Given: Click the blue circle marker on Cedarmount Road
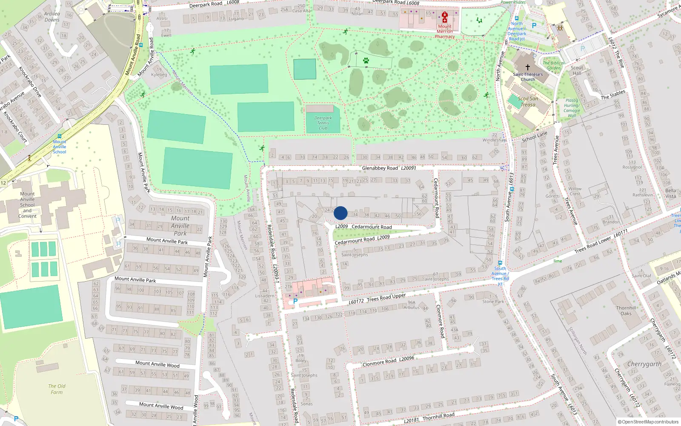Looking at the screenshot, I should (x=340, y=213).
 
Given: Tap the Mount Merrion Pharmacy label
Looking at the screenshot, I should (x=445, y=32).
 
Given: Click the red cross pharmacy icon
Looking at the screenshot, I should (x=445, y=17).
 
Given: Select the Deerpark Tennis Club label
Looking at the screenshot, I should (x=323, y=123).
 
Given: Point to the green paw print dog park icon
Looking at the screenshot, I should (x=366, y=61).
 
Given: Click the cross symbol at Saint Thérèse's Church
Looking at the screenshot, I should (x=528, y=67).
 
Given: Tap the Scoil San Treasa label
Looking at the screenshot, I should (x=528, y=101).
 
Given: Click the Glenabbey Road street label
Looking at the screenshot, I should (x=380, y=168).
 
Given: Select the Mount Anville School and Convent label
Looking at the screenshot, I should (x=27, y=205).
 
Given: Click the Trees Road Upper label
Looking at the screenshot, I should (x=386, y=297).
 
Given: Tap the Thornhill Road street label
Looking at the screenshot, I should (x=438, y=416).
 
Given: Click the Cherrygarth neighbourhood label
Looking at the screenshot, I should (x=644, y=364).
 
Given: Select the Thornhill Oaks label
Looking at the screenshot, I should (x=626, y=311).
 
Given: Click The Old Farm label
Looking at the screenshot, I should (x=57, y=389).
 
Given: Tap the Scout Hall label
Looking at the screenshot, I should (x=577, y=70).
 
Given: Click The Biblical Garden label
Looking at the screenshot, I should (x=553, y=65).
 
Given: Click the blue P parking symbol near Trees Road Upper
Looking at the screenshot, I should (x=295, y=301).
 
